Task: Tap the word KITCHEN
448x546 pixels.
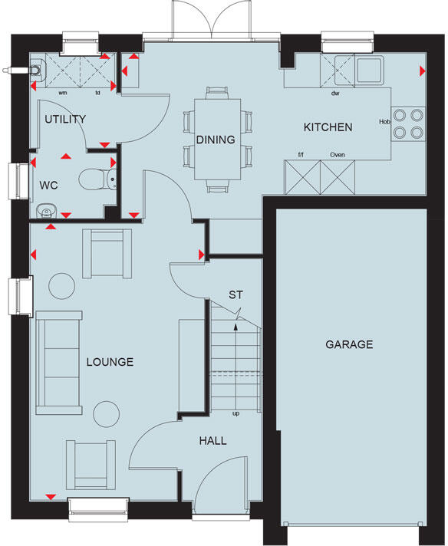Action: [328, 127]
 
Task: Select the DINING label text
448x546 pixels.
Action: [215, 140]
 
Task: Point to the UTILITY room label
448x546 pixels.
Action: [64, 120]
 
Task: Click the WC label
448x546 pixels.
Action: [50, 185]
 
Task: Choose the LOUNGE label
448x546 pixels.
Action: [110, 362]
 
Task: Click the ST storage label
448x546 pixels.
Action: [237, 295]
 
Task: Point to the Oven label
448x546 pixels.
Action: [337, 155]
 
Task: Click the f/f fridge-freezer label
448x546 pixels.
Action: [302, 155]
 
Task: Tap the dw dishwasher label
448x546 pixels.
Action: [334, 94]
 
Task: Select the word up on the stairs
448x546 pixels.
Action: [235, 413]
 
